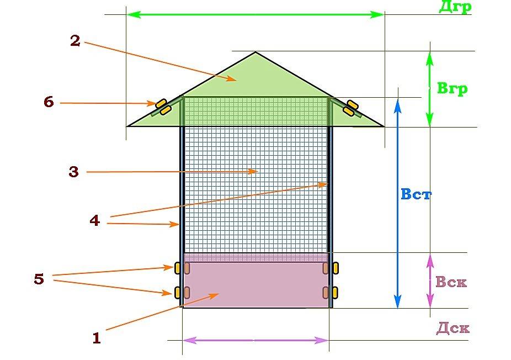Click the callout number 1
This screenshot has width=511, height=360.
pyautogui.click(x=97, y=338)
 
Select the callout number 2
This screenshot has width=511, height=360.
pyautogui.click(x=75, y=41)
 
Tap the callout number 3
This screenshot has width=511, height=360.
pyautogui.click(x=73, y=172)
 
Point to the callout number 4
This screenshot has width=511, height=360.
pyautogui.click(x=94, y=221)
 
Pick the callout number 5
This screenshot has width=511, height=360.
pyautogui.click(x=39, y=279)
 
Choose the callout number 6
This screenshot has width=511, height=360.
pyautogui.click(x=49, y=102)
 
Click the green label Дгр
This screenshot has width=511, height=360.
pyautogui.click(x=455, y=7)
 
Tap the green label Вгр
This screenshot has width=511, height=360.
pyautogui.click(x=452, y=88)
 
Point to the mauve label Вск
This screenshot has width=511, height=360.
pyautogui.click(x=451, y=282)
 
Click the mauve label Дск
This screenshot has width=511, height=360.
pyautogui.click(x=453, y=329)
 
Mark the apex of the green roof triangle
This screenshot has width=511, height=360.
pyautogui.click(x=255, y=52)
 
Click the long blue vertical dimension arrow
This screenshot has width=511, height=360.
pyautogui.click(x=397, y=203)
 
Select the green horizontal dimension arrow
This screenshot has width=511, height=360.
pyautogui.click(x=255, y=14)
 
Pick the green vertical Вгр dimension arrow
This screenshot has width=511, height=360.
pyautogui.click(x=430, y=89)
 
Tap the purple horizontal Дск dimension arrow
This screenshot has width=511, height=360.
pyautogui.click(x=255, y=341)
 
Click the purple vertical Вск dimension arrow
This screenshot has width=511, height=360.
pyautogui.click(x=430, y=280)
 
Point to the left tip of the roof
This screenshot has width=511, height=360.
pyautogui.click(x=127, y=126)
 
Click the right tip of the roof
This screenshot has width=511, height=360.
pyautogui.click(x=384, y=126)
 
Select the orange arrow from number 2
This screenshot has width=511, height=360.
pyautogui.click(x=161, y=61)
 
